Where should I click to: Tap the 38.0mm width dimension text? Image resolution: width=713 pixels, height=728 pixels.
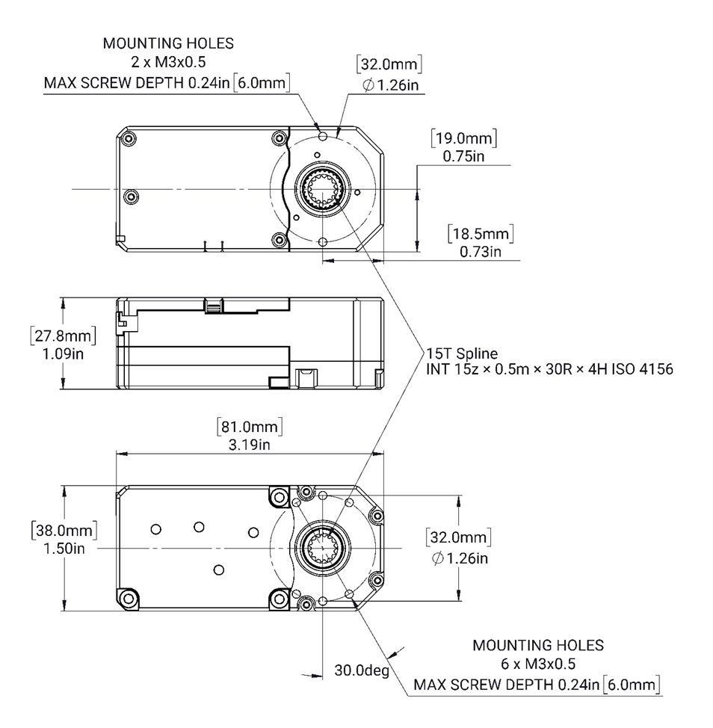click(64, 531)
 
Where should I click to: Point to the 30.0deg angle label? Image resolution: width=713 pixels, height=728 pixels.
click(362, 670)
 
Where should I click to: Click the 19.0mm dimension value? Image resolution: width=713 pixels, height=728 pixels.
click(464, 139)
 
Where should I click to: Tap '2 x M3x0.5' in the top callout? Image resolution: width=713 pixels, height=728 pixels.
click(167, 63)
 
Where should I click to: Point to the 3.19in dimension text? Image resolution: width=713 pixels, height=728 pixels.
click(250, 445)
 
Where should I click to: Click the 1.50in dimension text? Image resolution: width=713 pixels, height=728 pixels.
click(64, 549)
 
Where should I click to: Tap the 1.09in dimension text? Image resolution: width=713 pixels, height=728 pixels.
click(63, 353)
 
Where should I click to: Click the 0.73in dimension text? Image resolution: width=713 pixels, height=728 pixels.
click(481, 251)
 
